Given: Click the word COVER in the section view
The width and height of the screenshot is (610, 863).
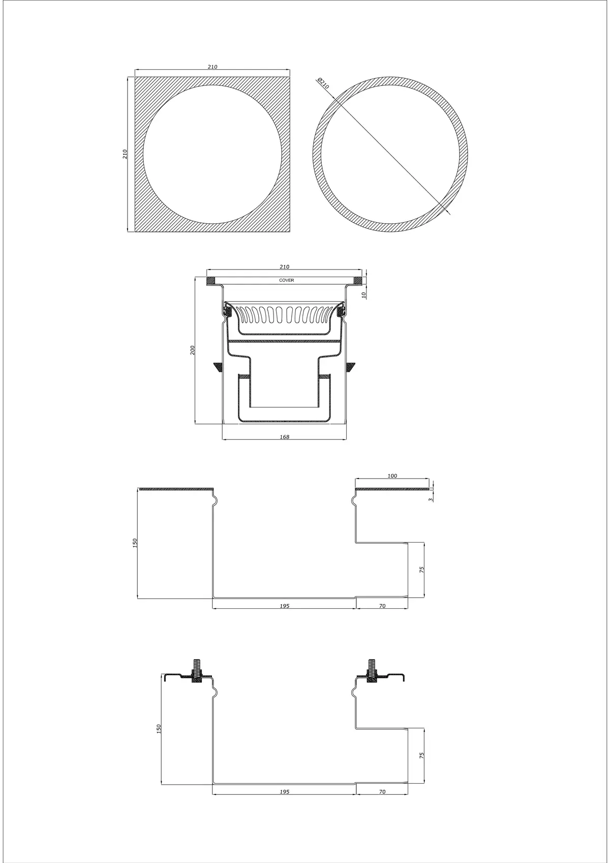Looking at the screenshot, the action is point(286,280).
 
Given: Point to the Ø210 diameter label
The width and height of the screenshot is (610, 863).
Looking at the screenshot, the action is point(323,83).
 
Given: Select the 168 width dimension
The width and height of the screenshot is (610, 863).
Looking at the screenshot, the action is point(285,437).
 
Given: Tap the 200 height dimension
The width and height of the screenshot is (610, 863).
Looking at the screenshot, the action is point(193,350).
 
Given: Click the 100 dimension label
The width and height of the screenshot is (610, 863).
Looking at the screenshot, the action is point(392,476).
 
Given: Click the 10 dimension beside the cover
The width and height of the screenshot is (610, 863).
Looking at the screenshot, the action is point(364,295).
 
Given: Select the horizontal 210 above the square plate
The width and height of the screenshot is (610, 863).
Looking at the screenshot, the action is point(212,67).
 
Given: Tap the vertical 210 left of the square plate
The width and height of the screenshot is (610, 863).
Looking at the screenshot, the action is point(125,154).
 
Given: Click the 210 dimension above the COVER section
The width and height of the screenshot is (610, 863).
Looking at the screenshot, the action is point(285,266).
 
